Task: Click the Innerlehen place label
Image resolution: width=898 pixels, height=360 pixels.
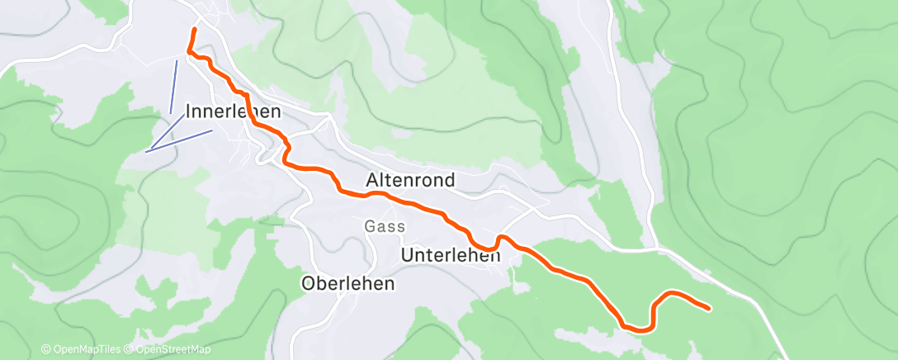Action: (234, 111)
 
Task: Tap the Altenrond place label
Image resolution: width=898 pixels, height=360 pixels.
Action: (409, 180)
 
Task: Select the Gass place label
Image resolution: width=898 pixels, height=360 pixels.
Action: (385, 226)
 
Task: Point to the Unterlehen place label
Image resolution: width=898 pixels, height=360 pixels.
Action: (450, 256)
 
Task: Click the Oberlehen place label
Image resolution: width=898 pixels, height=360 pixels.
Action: (347, 283)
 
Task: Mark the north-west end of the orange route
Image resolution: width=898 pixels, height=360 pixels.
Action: (195, 30)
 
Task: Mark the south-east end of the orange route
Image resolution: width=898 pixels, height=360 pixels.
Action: (709, 309)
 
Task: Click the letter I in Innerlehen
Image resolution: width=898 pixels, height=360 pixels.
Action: (190, 111)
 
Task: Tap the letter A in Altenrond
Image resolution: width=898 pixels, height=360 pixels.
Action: (371, 180)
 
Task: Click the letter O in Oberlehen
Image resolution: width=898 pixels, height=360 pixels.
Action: (309, 283)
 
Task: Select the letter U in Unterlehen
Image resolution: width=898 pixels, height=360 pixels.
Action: (406, 256)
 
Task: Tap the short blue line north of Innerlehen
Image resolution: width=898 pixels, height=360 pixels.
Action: (173, 86)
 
